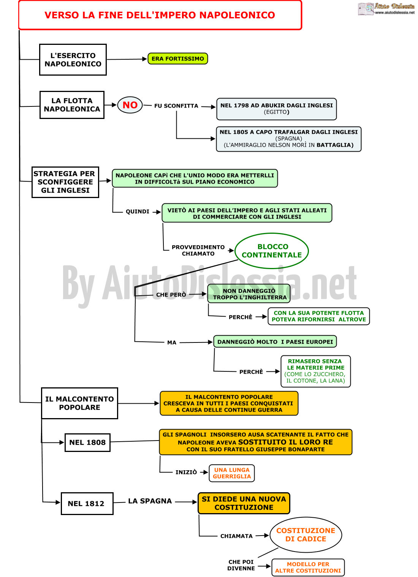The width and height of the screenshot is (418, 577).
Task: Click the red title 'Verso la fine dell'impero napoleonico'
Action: click(160, 15)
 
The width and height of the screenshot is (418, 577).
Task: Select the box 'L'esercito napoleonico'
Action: click(73, 60)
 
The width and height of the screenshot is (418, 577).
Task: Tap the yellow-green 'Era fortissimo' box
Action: click(178, 59)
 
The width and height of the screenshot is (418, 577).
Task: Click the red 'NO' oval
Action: click(130, 105)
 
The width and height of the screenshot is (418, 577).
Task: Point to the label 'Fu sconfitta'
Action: click(176, 106)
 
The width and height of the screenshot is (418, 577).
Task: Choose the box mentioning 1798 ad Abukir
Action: click(277, 109)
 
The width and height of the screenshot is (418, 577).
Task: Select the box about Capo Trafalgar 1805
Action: click(289, 139)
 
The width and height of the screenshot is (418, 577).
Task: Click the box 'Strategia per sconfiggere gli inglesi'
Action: click(65, 182)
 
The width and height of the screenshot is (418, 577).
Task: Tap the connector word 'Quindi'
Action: click(138, 211)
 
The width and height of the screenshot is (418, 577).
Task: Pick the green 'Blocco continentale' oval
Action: click(272, 251)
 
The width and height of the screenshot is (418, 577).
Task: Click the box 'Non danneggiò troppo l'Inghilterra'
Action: click(249, 294)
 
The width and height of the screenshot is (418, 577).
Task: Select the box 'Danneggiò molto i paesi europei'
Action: click(275, 342)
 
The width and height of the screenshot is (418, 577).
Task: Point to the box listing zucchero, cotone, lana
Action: click(316, 371)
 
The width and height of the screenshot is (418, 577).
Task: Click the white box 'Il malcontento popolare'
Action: click(79, 403)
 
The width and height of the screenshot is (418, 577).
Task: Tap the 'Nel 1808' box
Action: click(87, 442)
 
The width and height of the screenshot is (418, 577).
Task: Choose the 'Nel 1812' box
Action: click(87, 504)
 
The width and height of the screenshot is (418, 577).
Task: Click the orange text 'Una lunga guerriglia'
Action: click(232, 473)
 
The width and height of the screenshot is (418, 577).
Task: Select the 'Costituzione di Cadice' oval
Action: click(306, 535)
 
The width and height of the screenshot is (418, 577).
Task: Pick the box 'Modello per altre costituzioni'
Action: click(308, 567)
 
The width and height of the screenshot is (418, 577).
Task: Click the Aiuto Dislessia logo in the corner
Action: click(386, 8)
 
